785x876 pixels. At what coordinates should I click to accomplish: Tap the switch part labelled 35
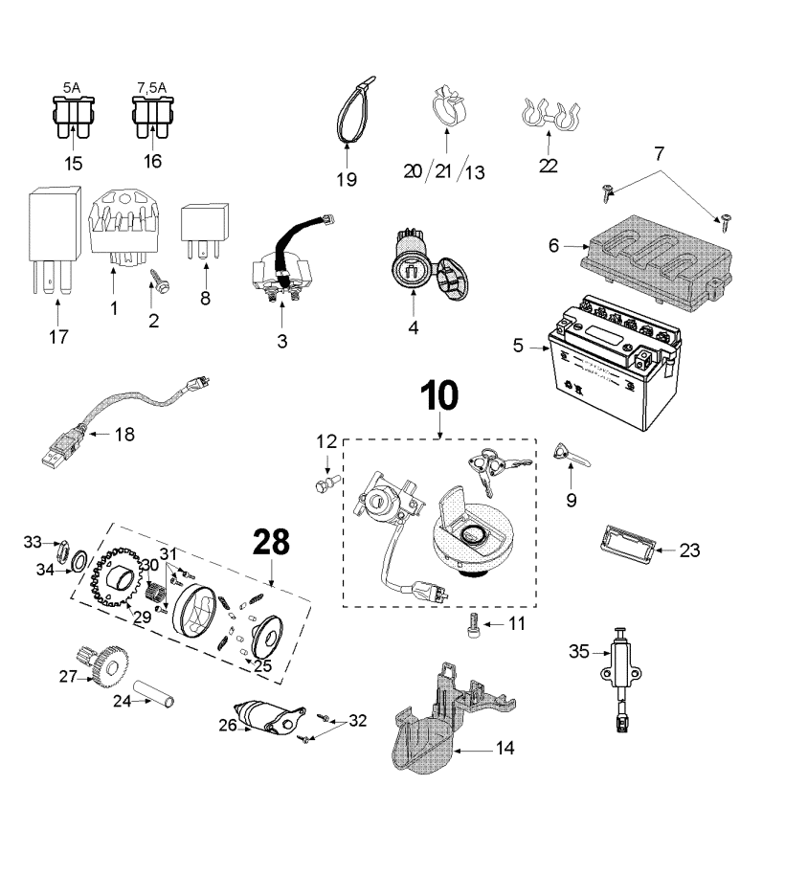(x=622, y=670)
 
